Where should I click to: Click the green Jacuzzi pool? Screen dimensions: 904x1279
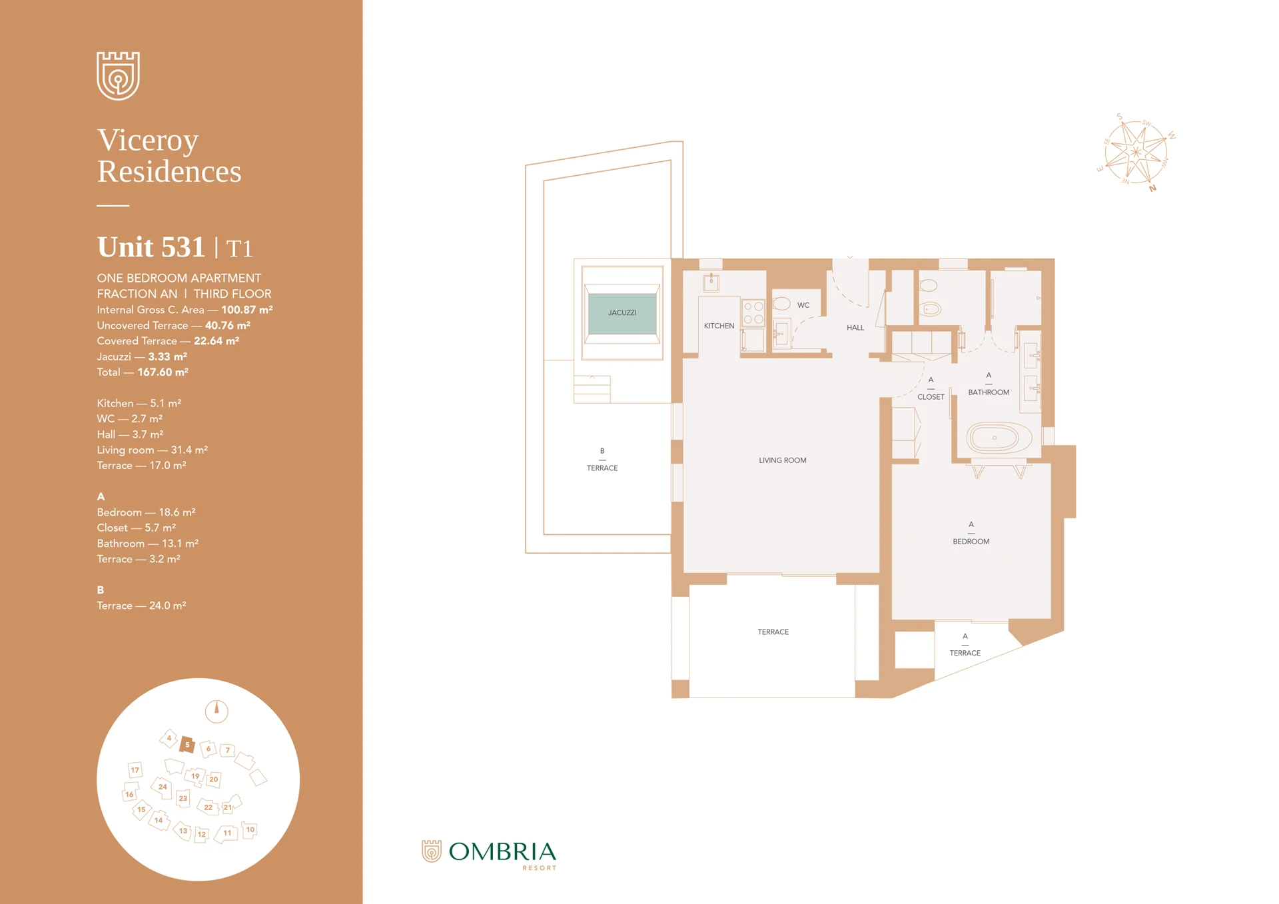[x=622, y=313]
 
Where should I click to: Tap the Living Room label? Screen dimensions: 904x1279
[x=782, y=460]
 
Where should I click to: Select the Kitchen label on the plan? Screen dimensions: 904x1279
[x=719, y=326]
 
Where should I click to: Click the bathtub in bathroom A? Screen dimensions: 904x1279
[x=995, y=438]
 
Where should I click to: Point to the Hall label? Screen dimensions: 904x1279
[x=855, y=328]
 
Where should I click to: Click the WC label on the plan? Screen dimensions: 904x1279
[x=803, y=305]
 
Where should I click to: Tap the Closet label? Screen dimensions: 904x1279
[x=931, y=397]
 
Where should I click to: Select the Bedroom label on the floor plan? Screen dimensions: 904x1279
[x=971, y=542]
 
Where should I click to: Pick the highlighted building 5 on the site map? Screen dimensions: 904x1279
[x=187, y=745]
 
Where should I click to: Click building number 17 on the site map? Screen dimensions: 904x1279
[x=135, y=770]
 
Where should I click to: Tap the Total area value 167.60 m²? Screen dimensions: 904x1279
[x=163, y=372]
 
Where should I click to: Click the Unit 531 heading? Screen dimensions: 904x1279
[x=151, y=247]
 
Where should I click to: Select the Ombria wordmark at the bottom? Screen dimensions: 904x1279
[x=502, y=852]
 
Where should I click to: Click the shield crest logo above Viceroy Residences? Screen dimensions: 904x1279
[x=119, y=75]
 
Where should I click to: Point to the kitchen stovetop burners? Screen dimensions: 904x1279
[x=753, y=313]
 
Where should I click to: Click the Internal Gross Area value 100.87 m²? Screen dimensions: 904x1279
[x=246, y=310]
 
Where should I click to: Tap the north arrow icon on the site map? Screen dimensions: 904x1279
[x=216, y=711]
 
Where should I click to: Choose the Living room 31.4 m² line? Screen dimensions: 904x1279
[x=153, y=450]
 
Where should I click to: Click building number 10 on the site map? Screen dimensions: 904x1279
[x=250, y=830]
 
